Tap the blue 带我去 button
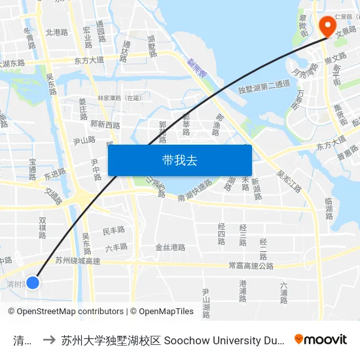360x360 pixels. tap(179, 160)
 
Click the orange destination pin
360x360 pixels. tap(327, 26)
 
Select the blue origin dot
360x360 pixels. tap(32, 282)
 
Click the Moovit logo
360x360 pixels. tap(321, 339)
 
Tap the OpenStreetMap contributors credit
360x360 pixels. tap(65, 312)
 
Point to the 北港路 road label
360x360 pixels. tap(56, 32)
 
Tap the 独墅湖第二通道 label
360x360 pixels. tap(264, 84)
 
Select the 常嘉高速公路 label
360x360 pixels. tap(251, 266)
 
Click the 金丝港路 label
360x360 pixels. tap(170, 247)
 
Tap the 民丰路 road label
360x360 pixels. tap(113, 230)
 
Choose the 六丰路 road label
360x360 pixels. tap(116, 247)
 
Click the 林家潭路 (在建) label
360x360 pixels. tap(119, 98)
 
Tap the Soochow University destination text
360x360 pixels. tap(173, 340)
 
